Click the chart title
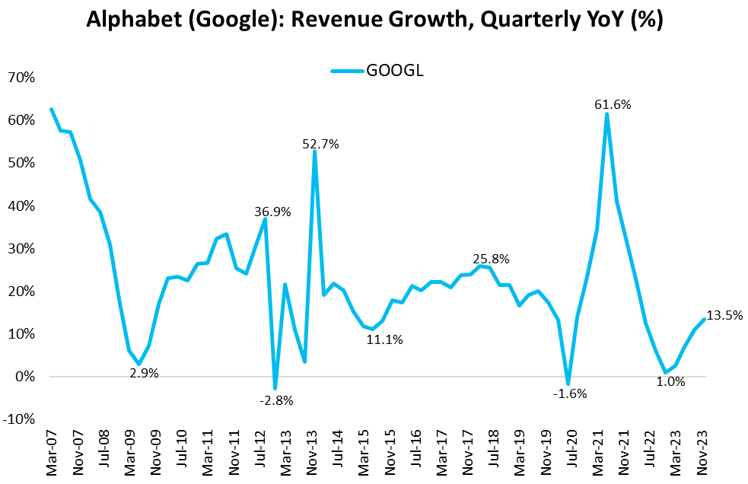[x=374, y=21]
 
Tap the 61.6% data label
[x=613, y=104]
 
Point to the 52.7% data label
[x=320, y=143]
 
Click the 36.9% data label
[x=272, y=212]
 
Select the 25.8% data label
[x=490, y=259]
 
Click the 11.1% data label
[x=384, y=339]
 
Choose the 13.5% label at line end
[x=724, y=315]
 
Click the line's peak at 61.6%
[x=606, y=114]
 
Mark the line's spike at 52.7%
[x=314, y=151]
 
